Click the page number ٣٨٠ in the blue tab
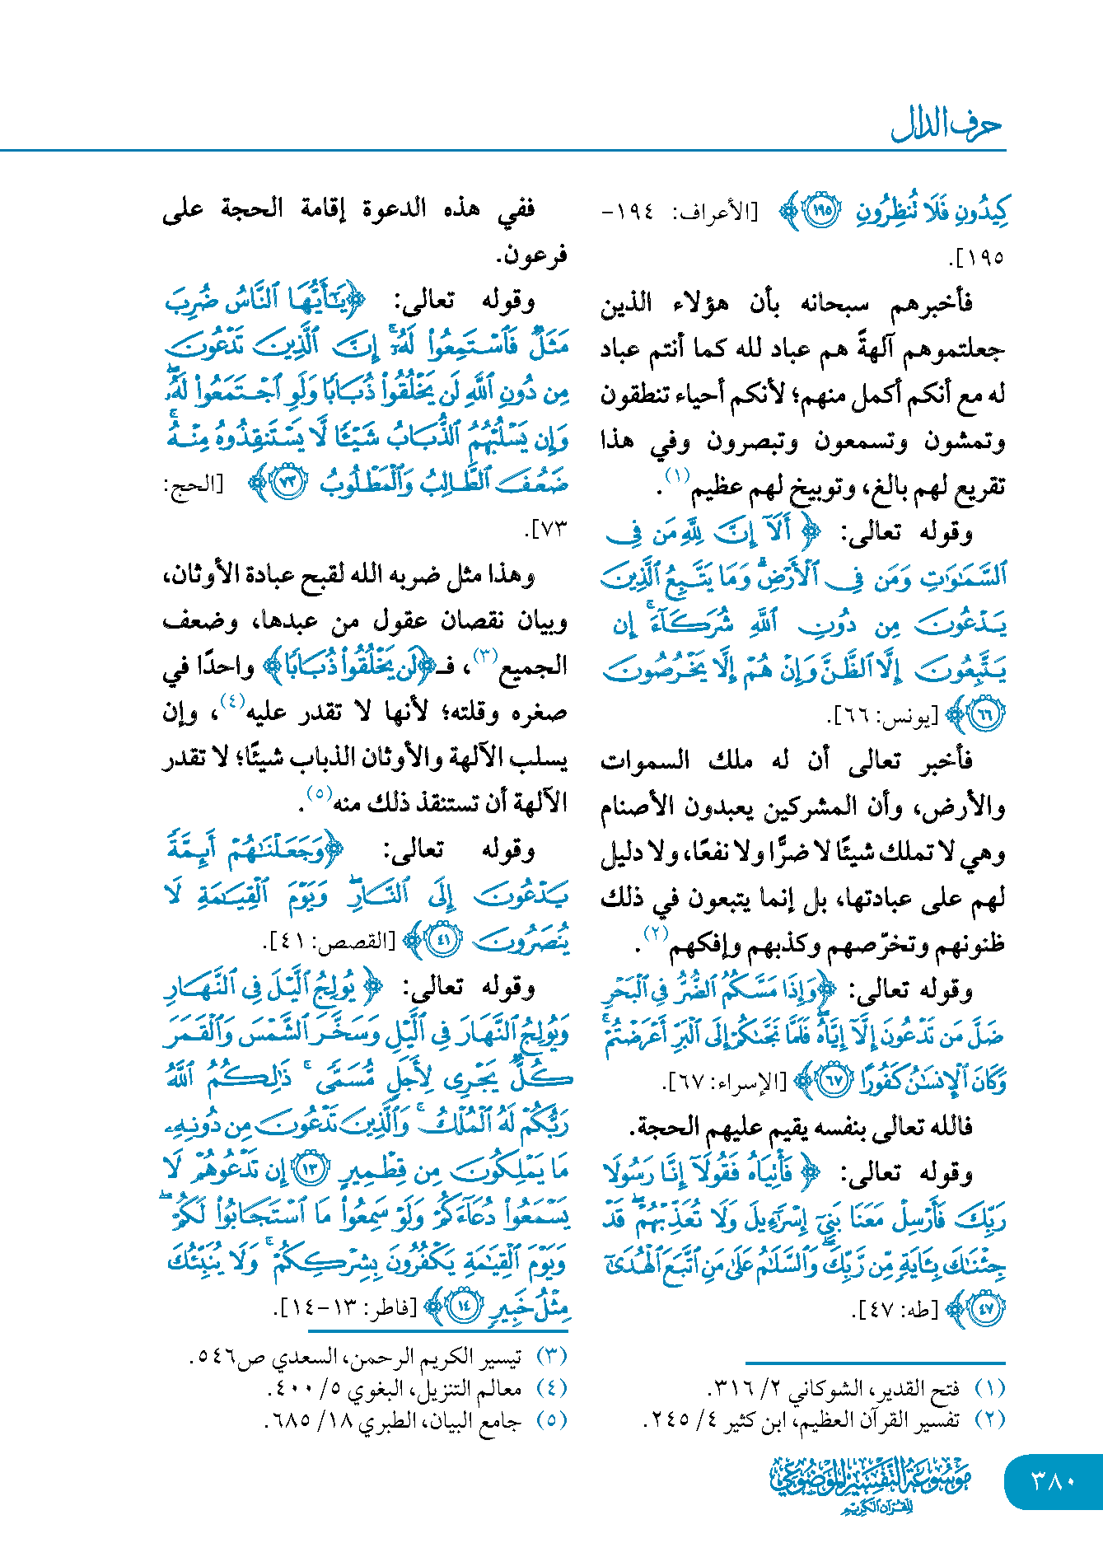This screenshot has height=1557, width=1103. click(x=1054, y=1481)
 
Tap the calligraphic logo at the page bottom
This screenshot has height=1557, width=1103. click(x=872, y=1484)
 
